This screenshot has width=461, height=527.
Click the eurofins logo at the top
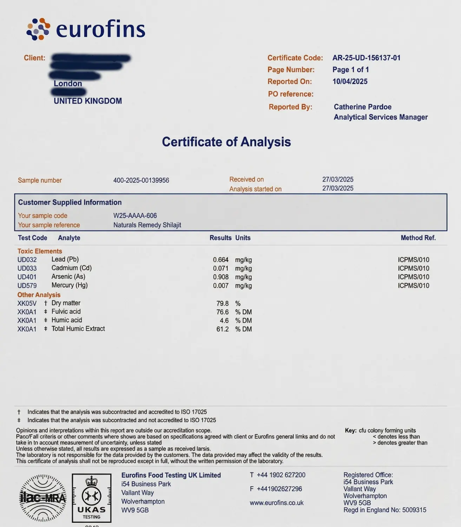86,29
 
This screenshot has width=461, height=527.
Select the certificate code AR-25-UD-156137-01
366,58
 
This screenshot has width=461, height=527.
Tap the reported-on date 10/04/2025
350,82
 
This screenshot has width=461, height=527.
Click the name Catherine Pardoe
362,107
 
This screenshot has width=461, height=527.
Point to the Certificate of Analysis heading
226,142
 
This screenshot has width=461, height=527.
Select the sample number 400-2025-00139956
141,180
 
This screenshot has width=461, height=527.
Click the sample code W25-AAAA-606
135,216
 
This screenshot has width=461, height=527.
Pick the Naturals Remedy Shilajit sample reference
147,225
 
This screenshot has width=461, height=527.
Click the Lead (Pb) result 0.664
220,260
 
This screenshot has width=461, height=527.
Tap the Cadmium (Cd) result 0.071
220,268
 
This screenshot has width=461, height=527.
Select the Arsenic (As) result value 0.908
220,277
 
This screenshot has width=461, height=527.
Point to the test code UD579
27,286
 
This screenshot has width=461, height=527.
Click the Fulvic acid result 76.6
222,312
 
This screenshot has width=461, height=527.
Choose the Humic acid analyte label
67,320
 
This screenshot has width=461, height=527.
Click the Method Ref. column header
418,238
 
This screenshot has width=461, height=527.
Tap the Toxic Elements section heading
40,251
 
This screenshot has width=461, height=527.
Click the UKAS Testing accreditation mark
92,498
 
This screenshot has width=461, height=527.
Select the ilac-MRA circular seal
43,498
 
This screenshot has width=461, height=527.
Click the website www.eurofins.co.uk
276,503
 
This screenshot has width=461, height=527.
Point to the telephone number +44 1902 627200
281,475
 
